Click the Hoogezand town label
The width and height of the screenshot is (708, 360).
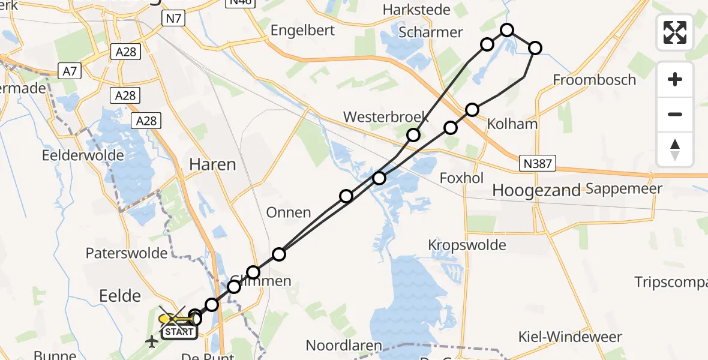pyautogui.click(x=536, y=191)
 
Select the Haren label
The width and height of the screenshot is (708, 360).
pyautogui.click(x=212, y=164)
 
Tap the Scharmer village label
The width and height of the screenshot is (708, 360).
pyautogui.click(x=431, y=32)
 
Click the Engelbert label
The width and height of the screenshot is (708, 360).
pyautogui.click(x=302, y=31)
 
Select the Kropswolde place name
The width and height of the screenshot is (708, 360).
pyautogui.click(x=467, y=245)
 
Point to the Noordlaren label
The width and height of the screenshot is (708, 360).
pyautogui.click(x=344, y=346)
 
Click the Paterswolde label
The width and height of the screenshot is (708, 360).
pyautogui.click(x=127, y=253)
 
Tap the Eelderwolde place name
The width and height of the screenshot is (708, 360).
pyautogui.click(x=83, y=155)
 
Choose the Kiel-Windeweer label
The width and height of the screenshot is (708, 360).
pyautogui.click(x=578, y=337)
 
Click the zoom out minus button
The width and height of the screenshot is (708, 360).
pyautogui.click(x=675, y=114)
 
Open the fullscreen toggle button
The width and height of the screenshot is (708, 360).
pyautogui.click(x=675, y=32)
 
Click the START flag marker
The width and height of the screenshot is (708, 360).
pyautogui.click(x=179, y=331)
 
